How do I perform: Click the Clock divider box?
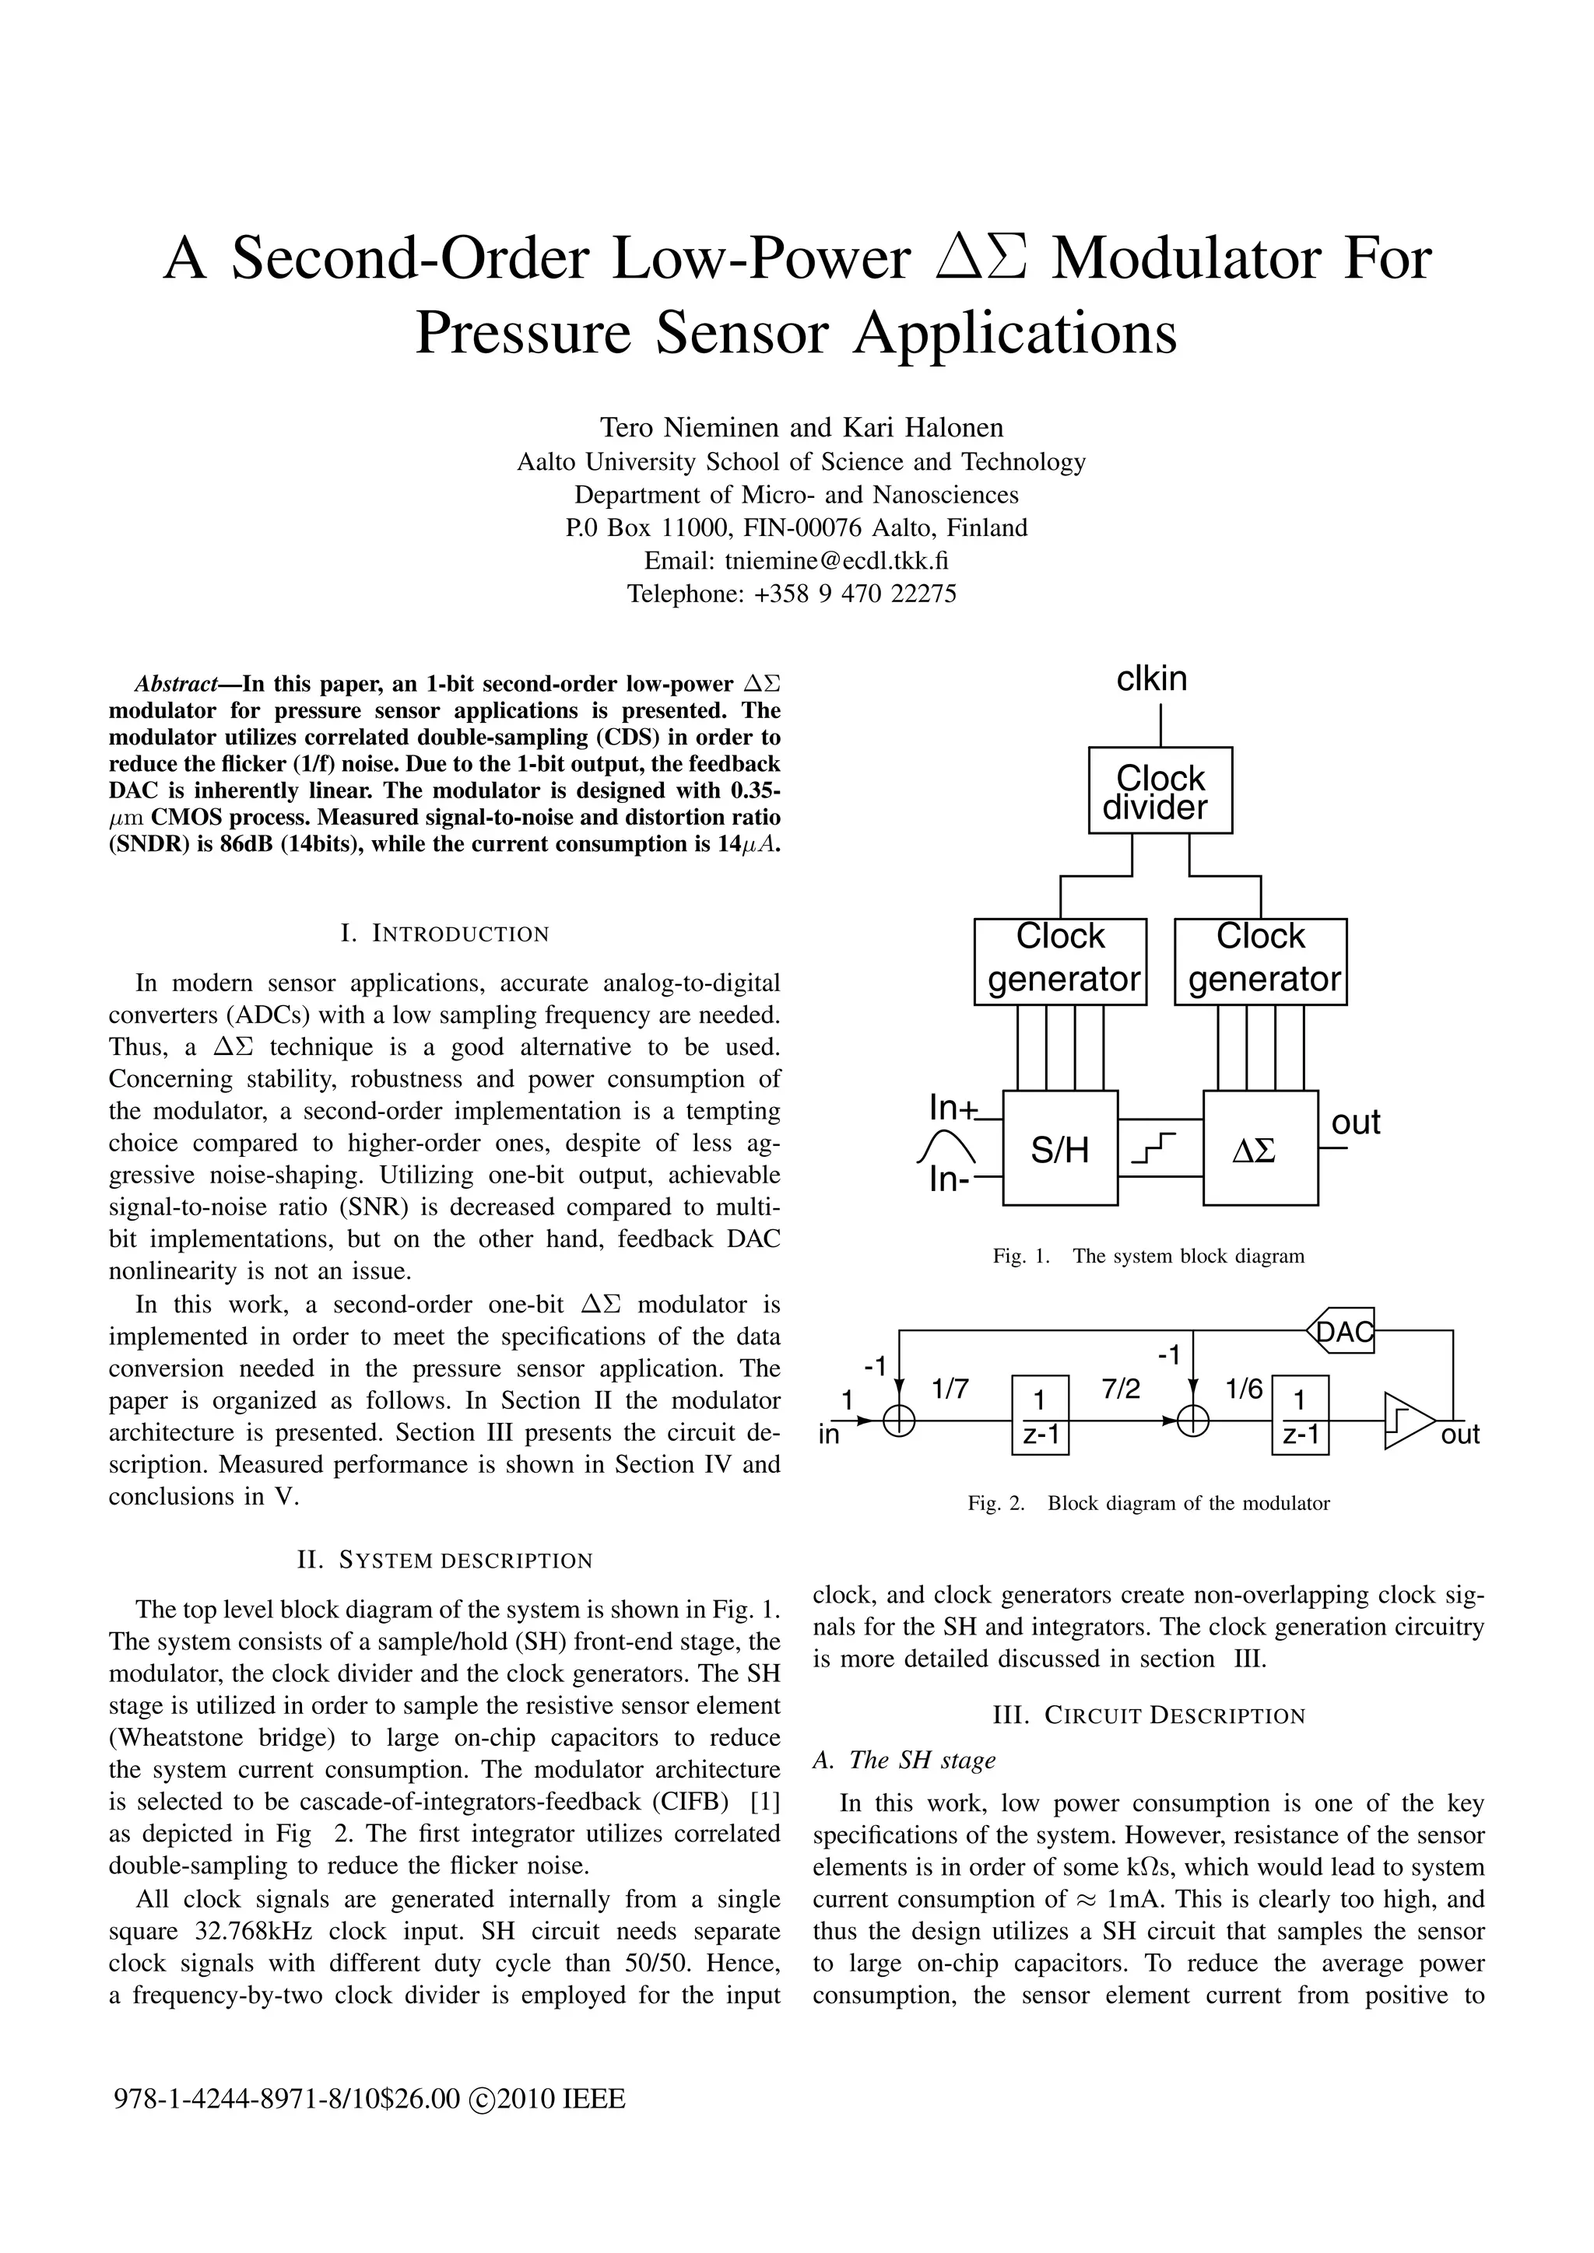pos(1160,791)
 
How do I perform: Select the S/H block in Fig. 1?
pos(1060,1148)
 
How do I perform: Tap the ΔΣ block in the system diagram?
pos(1260,1148)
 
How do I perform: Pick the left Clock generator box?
pos(1060,961)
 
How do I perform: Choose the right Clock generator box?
pos(1260,961)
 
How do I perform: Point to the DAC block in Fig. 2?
pos(1342,1330)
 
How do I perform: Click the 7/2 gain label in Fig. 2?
pos(1121,1389)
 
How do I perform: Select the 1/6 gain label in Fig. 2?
pos(1244,1389)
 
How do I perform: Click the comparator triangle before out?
pos(1406,1420)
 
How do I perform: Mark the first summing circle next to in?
pos(899,1421)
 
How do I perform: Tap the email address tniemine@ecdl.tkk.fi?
pos(836,560)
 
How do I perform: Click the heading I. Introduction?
pos(444,934)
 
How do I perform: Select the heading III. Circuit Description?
pos(1148,1715)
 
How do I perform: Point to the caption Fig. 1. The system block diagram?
pos(1148,1256)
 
